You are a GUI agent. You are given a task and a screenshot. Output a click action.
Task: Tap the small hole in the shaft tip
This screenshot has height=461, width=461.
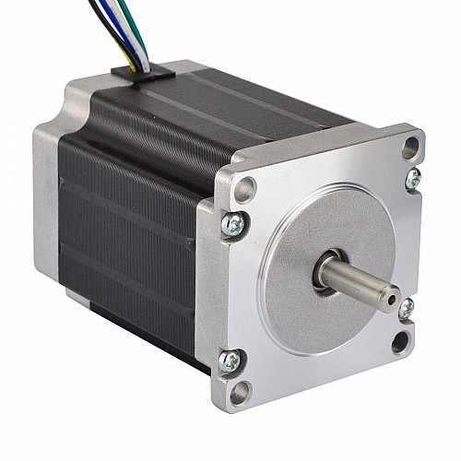pyautogui.click(x=394, y=300)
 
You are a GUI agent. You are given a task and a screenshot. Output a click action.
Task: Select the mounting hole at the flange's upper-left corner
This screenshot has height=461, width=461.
pyautogui.click(x=244, y=191)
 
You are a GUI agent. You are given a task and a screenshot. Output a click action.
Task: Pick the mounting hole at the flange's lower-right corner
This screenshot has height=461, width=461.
pyautogui.click(x=400, y=342)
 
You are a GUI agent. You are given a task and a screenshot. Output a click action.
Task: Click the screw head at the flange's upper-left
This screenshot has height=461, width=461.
pyautogui.click(x=234, y=222)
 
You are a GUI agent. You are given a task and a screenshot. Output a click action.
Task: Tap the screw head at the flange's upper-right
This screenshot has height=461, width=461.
pyautogui.click(x=413, y=177)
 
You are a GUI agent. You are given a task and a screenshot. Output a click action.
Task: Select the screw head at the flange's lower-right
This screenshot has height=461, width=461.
pyautogui.click(x=406, y=308)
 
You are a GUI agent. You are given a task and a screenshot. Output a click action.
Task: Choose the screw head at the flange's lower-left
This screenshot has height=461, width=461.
pyautogui.click(x=230, y=360)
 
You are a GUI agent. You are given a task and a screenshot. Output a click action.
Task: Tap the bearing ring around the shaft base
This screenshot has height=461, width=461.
pyautogui.click(x=325, y=274)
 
